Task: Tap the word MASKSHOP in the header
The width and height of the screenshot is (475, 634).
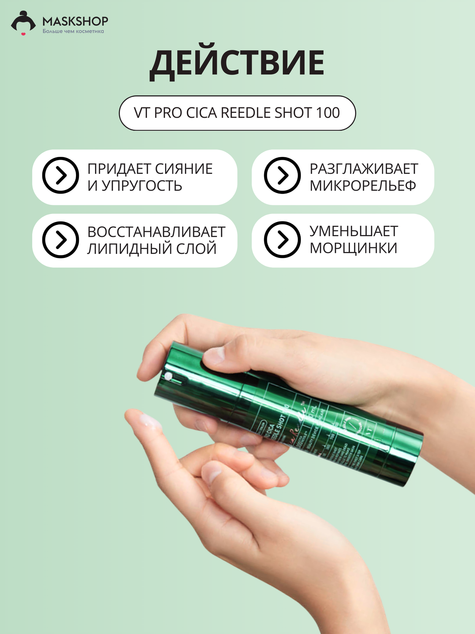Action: click(75, 21)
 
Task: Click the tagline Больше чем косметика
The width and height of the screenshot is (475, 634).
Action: click(73, 31)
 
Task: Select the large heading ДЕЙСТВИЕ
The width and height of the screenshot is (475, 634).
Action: click(237, 63)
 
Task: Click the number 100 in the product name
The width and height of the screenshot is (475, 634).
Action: click(328, 113)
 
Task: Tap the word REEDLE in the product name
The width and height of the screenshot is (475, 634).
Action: click(246, 113)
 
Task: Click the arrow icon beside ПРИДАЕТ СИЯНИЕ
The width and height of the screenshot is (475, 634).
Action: click(60, 175)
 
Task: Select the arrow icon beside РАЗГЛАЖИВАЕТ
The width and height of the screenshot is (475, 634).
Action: click(282, 175)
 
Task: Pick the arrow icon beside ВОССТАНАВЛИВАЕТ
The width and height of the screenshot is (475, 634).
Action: click(60, 240)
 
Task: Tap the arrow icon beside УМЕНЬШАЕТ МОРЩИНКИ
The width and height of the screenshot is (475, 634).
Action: click(282, 240)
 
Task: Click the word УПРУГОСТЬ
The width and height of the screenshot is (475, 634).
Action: click(142, 186)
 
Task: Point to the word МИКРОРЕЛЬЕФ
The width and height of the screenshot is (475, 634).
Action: click(363, 186)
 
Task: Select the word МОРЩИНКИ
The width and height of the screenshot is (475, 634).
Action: click(353, 248)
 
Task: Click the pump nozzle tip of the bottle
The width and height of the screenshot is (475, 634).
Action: click(168, 376)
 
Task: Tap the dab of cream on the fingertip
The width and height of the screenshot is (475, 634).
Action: click(149, 421)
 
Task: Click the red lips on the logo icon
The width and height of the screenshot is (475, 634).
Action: click(23, 34)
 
